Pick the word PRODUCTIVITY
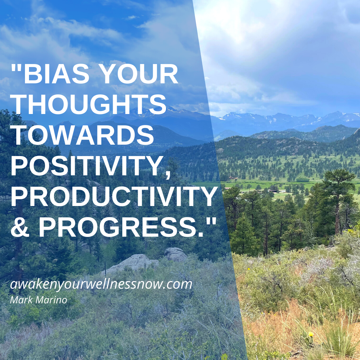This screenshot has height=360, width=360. pos(114,196)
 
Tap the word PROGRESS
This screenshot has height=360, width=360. pos(121,227)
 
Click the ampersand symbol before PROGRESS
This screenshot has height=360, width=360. pos(20,227)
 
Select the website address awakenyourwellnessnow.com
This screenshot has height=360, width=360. pos(101,284)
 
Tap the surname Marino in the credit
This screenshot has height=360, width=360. pos(50,300)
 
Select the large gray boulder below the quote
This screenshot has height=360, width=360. pos(131,264)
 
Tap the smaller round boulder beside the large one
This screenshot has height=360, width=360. pos(175,254)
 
